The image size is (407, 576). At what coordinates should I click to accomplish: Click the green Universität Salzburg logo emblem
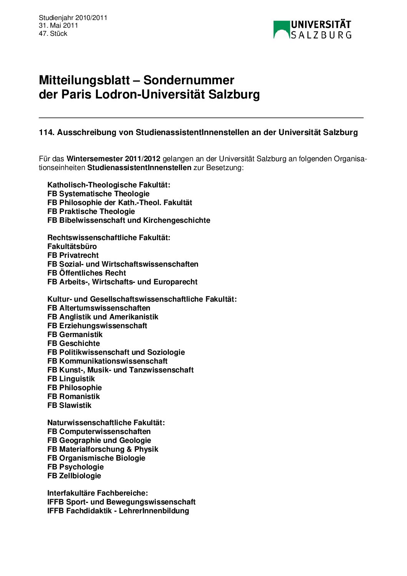[281, 30]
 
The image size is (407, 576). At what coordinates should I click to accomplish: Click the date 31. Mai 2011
[58, 25]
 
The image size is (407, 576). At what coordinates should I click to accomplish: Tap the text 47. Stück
[53, 33]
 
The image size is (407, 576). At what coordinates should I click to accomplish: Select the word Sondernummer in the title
[188, 80]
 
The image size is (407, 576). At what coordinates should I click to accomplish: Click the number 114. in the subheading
[47, 132]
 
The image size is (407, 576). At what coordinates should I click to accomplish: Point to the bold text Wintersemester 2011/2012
[113, 159]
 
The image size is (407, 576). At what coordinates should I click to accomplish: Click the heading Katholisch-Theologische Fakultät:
[109, 185]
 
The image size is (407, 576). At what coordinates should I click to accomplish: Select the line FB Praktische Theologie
[91, 212]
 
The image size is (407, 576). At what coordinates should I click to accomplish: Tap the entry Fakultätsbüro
[72, 247]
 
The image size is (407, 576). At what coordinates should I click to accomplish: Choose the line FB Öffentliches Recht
[87, 273]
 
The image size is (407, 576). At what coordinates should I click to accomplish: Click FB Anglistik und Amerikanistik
[103, 317]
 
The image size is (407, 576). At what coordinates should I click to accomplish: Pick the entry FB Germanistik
[75, 335]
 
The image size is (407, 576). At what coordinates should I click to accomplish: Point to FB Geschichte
[73, 344]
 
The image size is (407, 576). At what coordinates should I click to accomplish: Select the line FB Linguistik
[71, 379]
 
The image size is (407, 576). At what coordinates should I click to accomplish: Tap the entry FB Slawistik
[69, 406]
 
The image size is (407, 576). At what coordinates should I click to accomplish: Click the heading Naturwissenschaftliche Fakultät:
[106, 423]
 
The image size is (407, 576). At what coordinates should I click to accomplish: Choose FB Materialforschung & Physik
[103, 449]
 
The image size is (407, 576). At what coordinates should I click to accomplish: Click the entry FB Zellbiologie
[74, 476]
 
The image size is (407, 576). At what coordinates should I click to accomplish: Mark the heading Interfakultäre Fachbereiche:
[98, 493]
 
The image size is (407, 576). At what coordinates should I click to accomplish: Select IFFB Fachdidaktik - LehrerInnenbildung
[118, 511]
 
